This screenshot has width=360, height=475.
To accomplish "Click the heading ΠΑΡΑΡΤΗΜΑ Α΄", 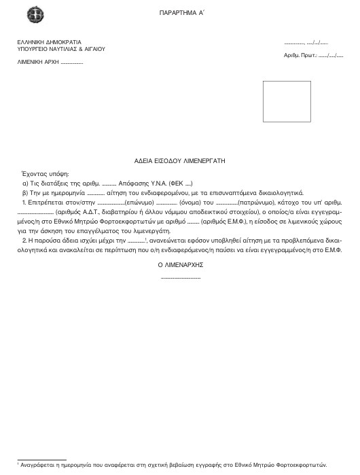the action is pyautogui.click(x=180, y=13).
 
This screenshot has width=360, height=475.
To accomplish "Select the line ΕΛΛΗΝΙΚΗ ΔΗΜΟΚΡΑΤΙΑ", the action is pyautogui.click(x=44, y=42).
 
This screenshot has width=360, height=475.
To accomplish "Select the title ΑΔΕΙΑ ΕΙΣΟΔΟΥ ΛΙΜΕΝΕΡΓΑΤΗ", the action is pyautogui.click(x=179, y=162).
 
